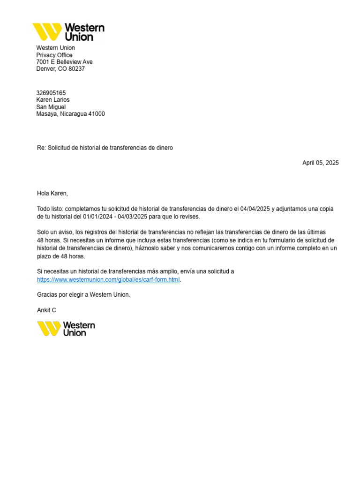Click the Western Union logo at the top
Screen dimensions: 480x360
click(68, 32)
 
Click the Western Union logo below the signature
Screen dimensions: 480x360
click(66, 329)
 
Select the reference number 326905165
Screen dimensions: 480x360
click(51, 93)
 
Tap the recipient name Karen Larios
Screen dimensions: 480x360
click(53, 100)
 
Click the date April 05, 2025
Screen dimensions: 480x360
click(320, 163)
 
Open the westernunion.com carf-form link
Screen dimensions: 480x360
click(108, 280)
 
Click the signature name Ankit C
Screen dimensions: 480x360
click(46, 310)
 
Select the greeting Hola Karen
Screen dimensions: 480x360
click(52, 193)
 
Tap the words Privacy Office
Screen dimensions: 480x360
click(54, 55)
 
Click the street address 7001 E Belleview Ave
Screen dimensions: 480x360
click(65, 62)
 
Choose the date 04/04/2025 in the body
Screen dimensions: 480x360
click(255, 209)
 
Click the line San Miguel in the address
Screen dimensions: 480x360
click(51, 107)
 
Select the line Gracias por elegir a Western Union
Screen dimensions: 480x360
click(83, 295)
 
